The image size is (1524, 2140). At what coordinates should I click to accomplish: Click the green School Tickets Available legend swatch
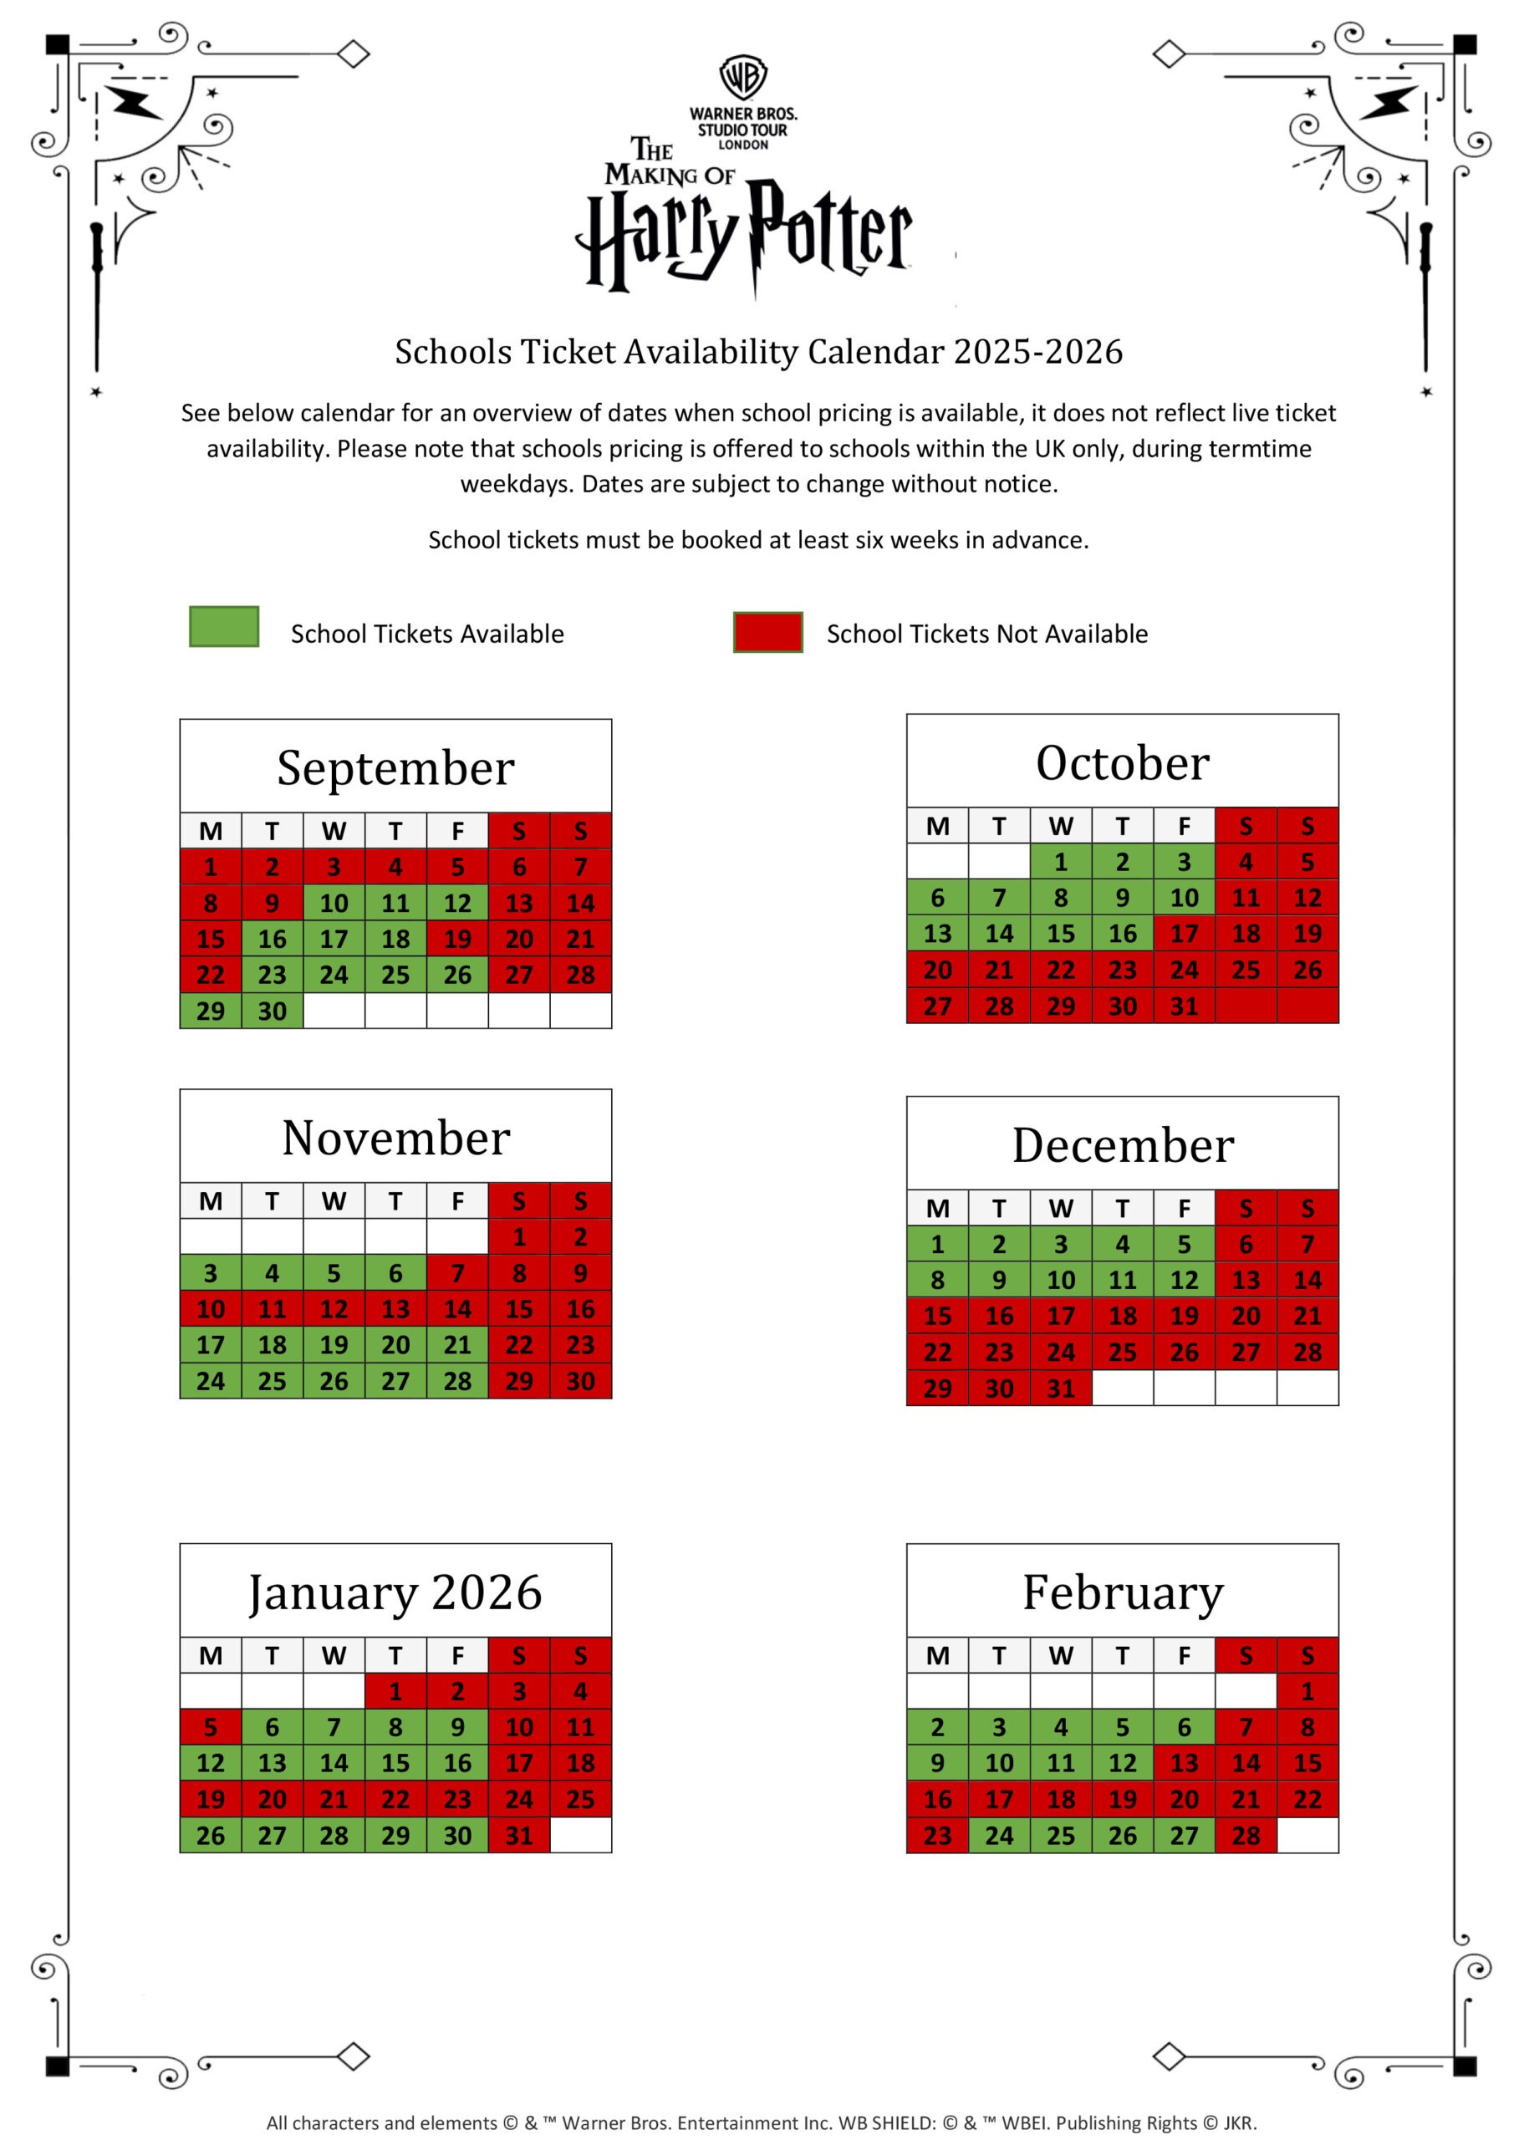[x=223, y=627]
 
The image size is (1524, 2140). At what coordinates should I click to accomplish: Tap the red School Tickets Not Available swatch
[x=767, y=631]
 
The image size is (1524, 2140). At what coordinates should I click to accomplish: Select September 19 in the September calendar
[x=457, y=939]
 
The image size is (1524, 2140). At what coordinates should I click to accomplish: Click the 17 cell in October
[x=1185, y=934]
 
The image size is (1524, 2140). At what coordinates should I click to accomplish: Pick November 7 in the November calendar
[x=457, y=1273]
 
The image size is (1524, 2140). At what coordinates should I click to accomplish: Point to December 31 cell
[x=1060, y=1388]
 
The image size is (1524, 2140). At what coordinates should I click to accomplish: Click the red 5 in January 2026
[x=210, y=1727]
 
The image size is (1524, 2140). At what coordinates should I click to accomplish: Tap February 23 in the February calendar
[x=936, y=1836]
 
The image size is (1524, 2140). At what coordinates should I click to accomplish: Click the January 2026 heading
[x=395, y=1593]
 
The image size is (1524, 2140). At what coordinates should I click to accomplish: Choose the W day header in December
[x=1060, y=1209]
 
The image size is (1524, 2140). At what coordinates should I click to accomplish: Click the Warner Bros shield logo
[x=743, y=77]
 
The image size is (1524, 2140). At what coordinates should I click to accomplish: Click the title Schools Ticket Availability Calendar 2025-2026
[x=758, y=352]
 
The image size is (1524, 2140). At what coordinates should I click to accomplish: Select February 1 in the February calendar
[x=1307, y=1692]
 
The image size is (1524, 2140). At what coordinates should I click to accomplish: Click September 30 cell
[x=273, y=1011]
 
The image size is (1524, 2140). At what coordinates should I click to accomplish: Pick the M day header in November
[x=210, y=1201]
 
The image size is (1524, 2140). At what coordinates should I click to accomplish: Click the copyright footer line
[x=761, y=2123]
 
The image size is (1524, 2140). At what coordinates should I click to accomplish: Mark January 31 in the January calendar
[x=519, y=1836]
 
